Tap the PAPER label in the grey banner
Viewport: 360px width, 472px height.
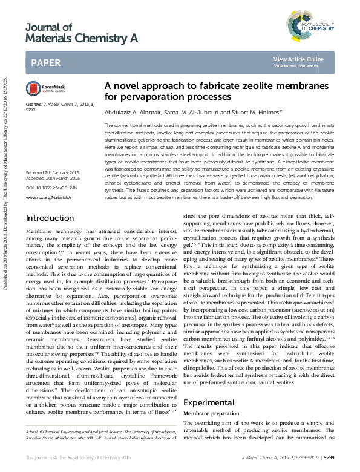(x=45, y=62)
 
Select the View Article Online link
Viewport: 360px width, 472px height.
(x=298, y=59)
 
